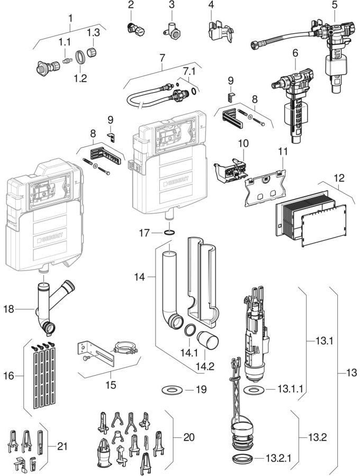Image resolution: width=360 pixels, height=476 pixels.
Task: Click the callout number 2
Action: [131, 5]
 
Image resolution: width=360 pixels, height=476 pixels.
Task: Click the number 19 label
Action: [200, 390]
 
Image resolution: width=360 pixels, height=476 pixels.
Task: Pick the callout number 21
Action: [62, 447]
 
